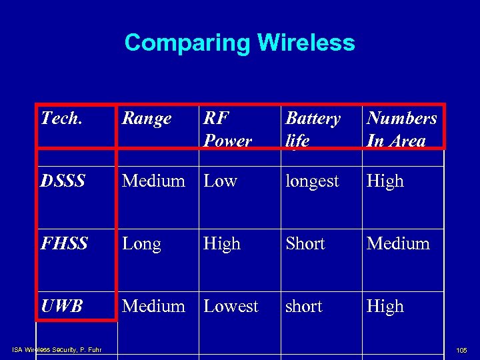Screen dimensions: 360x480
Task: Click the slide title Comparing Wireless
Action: (239, 43)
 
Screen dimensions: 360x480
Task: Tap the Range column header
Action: (147, 119)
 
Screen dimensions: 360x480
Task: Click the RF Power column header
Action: (228, 129)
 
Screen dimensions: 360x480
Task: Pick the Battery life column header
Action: (313, 129)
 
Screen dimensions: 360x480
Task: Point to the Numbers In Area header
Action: (402, 129)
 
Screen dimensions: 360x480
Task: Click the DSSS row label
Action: (63, 181)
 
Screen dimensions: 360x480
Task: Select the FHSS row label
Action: (64, 243)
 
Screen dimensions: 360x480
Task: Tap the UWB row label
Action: (62, 306)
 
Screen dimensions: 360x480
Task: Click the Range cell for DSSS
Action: (153, 181)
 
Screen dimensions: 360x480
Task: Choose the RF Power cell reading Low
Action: (221, 181)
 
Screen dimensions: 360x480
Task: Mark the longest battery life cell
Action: (312, 181)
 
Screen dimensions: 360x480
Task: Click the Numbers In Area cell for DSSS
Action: (385, 181)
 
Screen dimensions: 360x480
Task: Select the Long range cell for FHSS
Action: (141, 243)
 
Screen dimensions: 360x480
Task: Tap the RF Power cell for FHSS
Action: (222, 243)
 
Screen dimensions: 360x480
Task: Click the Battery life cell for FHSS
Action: (305, 243)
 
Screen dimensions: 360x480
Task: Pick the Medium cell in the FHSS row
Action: (398, 243)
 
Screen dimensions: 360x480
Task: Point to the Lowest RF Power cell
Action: (231, 306)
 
